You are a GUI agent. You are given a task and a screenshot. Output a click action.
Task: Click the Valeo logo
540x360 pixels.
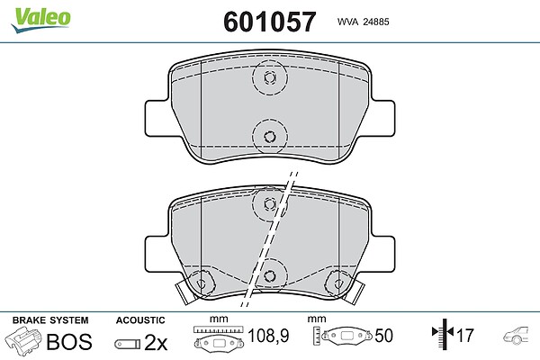pos(40,20)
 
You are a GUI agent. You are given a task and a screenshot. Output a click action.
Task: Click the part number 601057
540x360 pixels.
pos(269,22)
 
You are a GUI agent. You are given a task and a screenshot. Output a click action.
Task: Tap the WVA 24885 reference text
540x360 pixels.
pos(363,22)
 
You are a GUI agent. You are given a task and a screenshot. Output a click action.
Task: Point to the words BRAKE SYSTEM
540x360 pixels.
pos(50,320)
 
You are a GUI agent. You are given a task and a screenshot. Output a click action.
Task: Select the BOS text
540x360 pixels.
pos(69,341)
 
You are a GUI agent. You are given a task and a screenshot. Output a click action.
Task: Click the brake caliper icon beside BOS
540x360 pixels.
pos(23,340)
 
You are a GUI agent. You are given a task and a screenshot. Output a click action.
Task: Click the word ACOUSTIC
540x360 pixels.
pos(140,320)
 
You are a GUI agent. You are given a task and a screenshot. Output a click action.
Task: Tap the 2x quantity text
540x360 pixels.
pos(156,342)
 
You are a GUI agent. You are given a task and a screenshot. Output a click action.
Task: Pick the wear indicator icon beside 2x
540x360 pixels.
pos(128,344)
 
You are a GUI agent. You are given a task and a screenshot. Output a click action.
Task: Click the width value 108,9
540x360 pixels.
pos(268,335)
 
